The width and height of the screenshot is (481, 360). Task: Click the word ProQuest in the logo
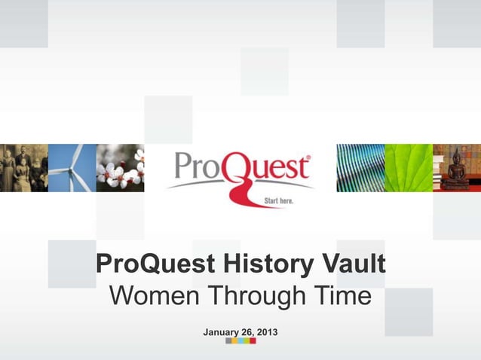tap(240, 167)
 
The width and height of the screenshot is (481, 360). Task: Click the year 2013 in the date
tap(266, 331)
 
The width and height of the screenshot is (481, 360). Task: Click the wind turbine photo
tap(72, 167)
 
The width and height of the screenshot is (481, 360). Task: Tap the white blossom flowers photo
tap(120, 167)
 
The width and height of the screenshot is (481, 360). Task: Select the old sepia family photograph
tap(23, 167)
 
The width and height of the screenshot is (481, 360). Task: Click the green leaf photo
tap(408, 167)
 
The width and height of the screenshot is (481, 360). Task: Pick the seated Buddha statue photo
tap(456, 167)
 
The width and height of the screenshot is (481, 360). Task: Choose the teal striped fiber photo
tap(360, 167)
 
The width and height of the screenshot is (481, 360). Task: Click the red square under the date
tap(253, 341)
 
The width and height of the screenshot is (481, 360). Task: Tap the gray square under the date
tap(228, 341)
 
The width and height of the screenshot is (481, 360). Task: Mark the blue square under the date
tap(237, 341)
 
